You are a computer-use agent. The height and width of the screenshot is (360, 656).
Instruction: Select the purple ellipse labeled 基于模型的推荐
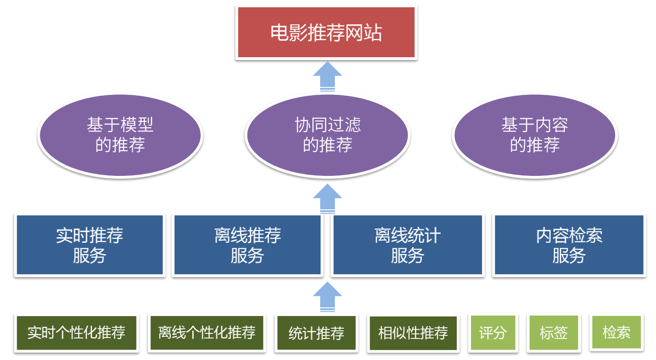tap(120, 135)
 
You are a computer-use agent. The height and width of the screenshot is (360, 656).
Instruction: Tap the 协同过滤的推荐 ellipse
tap(327, 135)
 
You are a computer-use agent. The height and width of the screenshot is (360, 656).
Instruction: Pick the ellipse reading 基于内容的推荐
tap(535, 135)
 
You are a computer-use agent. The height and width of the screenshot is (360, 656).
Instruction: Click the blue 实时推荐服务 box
tap(89, 245)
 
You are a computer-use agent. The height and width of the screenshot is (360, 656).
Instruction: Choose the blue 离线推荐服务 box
tap(247, 245)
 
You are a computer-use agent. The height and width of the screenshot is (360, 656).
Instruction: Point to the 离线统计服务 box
tap(407, 245)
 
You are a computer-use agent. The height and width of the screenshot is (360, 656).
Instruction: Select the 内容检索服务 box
tap(569, 245)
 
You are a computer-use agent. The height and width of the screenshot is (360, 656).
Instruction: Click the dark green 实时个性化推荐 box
tap(76, 333)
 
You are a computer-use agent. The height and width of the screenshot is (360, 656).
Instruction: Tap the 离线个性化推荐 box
tap(207, 333)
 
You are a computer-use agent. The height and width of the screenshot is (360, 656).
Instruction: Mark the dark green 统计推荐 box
tap(316, 333)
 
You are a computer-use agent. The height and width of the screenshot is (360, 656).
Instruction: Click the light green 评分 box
tap(492, 333)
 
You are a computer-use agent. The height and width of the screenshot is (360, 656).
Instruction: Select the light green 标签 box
tap(553, 333)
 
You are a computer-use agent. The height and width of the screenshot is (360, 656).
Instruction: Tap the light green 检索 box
tap(616, 332)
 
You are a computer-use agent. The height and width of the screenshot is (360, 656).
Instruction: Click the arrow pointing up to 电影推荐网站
tap(328, 76)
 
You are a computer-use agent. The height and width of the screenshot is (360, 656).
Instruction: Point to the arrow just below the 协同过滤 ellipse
tap(328, 198)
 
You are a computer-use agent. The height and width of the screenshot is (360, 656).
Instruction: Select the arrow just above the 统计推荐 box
tap(328, 296)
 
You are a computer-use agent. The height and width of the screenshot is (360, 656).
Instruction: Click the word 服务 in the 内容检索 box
tap(569, 255)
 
